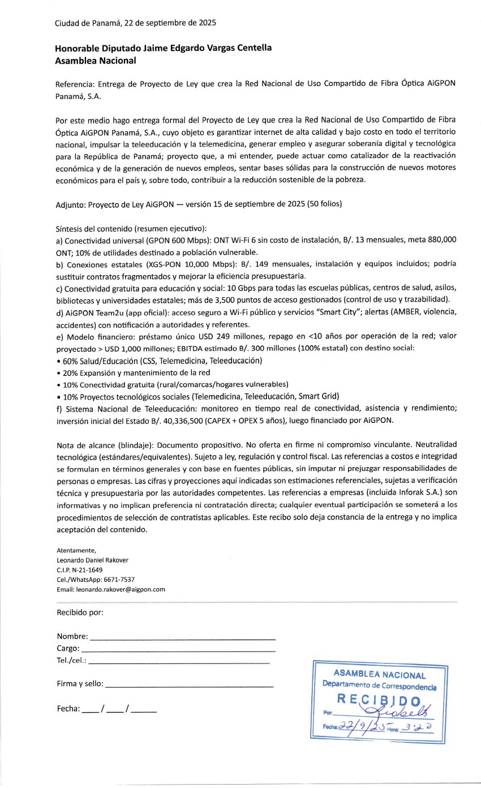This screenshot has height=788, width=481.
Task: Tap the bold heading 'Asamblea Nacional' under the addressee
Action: pyautogui.click(x=96, y=60)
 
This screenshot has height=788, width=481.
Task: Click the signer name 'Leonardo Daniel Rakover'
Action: pyautogui.click(x=93, y=560)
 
